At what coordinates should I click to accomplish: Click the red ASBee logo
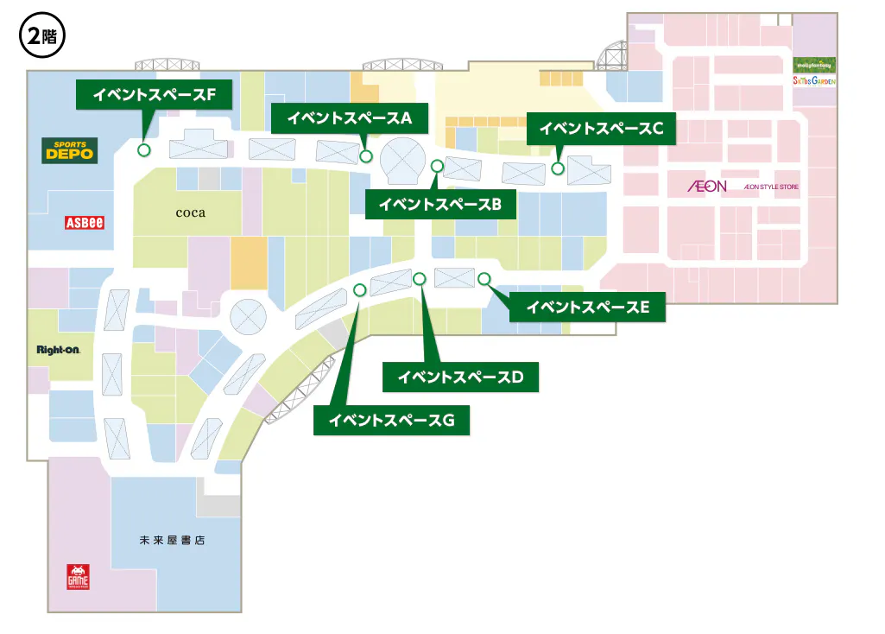coord(85,222)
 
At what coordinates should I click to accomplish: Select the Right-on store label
coord(59,350)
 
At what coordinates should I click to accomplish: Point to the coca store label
coord(190,212)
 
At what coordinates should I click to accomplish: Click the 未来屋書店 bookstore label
coord(173,541)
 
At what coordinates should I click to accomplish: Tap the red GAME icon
coord(79,577)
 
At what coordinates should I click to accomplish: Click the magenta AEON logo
coord(707,186)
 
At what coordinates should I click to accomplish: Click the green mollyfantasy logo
coord(814,65)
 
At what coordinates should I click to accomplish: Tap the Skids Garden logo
coord(814,80)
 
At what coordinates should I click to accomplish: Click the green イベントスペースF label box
coord(155,95)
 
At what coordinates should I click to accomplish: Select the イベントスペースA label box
coord(350,118)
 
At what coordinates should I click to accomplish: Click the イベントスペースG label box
coord(390,421)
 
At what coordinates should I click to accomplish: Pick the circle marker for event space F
coord(143,149)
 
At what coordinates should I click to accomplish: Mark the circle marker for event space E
coord(484,278)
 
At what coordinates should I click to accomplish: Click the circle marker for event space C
coord(559,168)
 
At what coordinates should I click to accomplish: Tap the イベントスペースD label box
coord(460,377)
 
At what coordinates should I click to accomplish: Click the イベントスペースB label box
coord(440,205)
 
